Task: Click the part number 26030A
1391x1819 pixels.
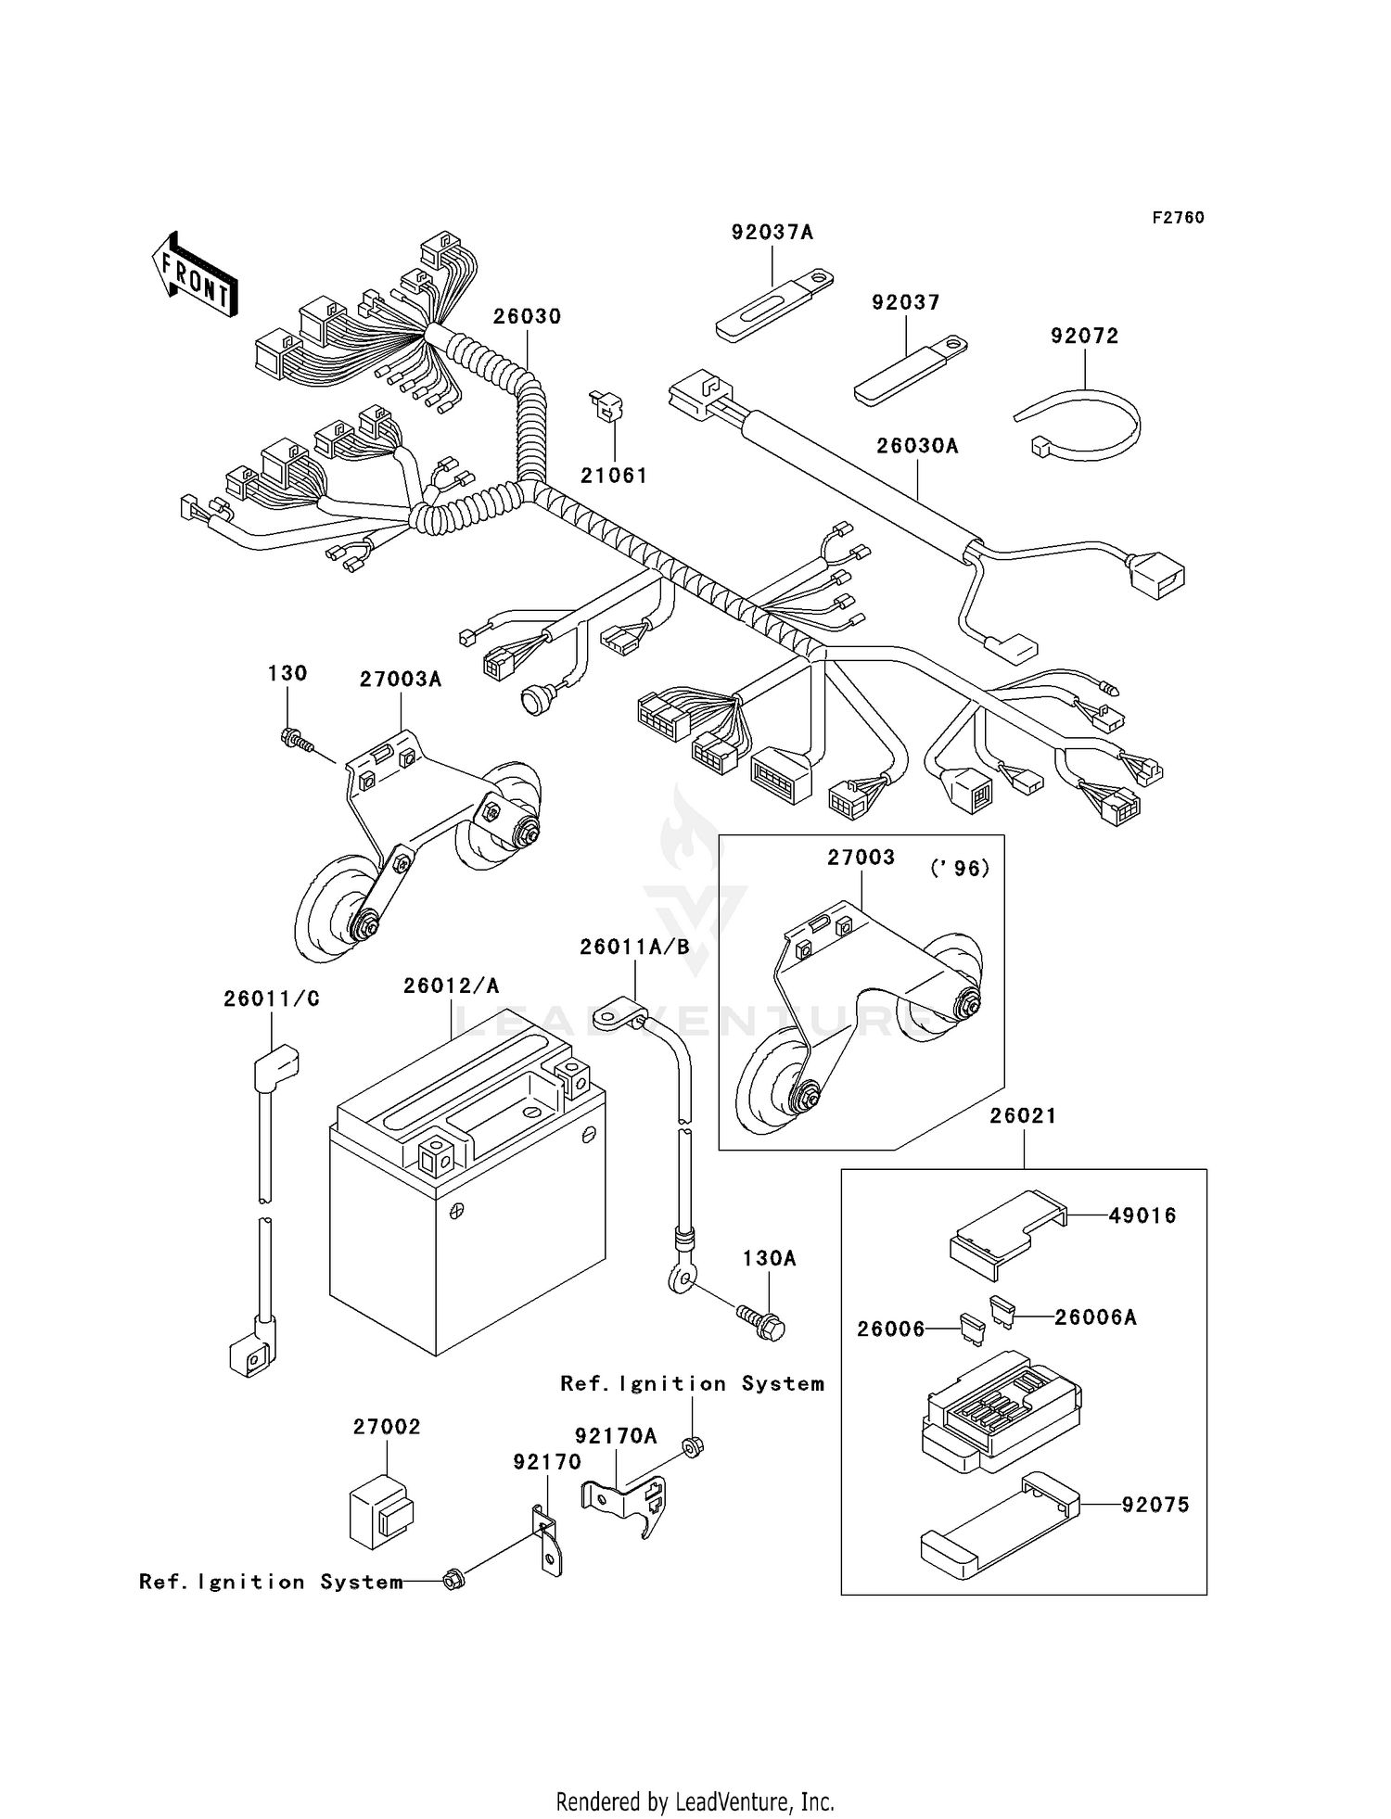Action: click(x=917, y=446)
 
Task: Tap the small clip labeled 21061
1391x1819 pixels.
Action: click(x=608, y=407)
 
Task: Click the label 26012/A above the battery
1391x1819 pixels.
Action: click(x=451, y=986)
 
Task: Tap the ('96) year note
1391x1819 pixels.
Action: click(x=959, y=869)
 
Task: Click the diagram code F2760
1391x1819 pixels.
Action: click(x=1178, y=217)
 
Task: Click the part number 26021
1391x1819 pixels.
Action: click(x=1022, y=1115)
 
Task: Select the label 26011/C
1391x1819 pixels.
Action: click(x=271, y=999)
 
